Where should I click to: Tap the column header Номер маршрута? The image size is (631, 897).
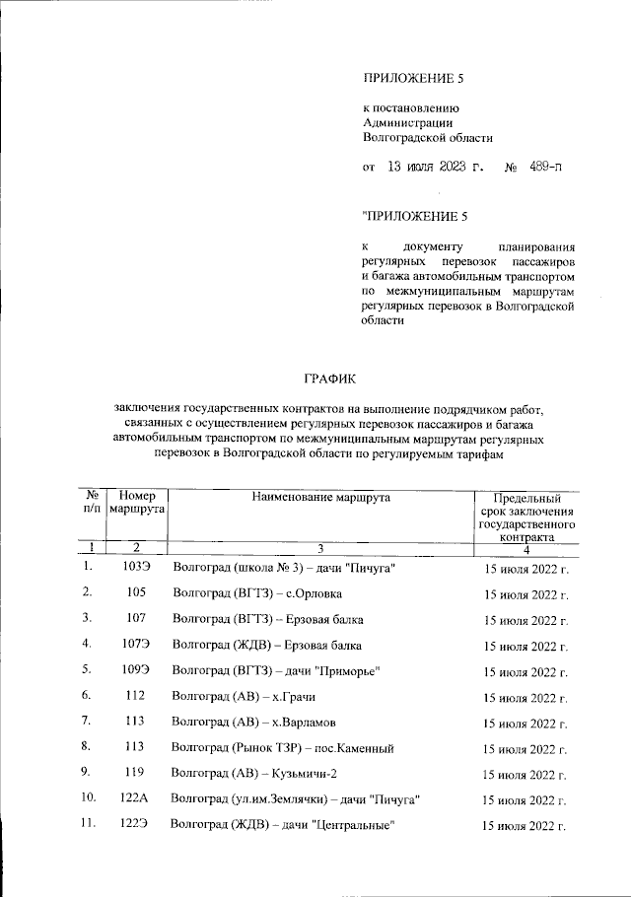(x=136, y=505)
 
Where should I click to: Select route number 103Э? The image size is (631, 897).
(x=136, y=568)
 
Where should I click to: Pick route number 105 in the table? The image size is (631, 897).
(x=136, y=592)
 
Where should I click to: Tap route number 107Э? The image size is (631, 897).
(x=136, y=645)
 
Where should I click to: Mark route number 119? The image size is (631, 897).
(x=136, y=773)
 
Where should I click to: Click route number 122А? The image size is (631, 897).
(x=136, y=797)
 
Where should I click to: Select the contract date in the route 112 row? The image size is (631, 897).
(x=526, y=697)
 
